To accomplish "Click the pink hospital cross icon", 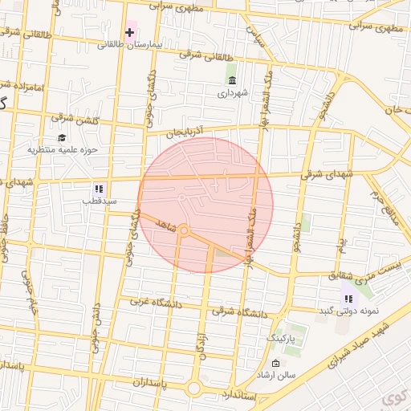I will pos(129,32).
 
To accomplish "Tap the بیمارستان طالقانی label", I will pos(130,45).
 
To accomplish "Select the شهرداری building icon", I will pos(232,80).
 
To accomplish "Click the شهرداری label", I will pos(233,93).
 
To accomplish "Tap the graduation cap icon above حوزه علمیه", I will pos(62,137).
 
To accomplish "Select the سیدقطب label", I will pos(97,201).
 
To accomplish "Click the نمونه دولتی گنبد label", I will pos(348,311).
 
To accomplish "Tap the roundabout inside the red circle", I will pos(184,231).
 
